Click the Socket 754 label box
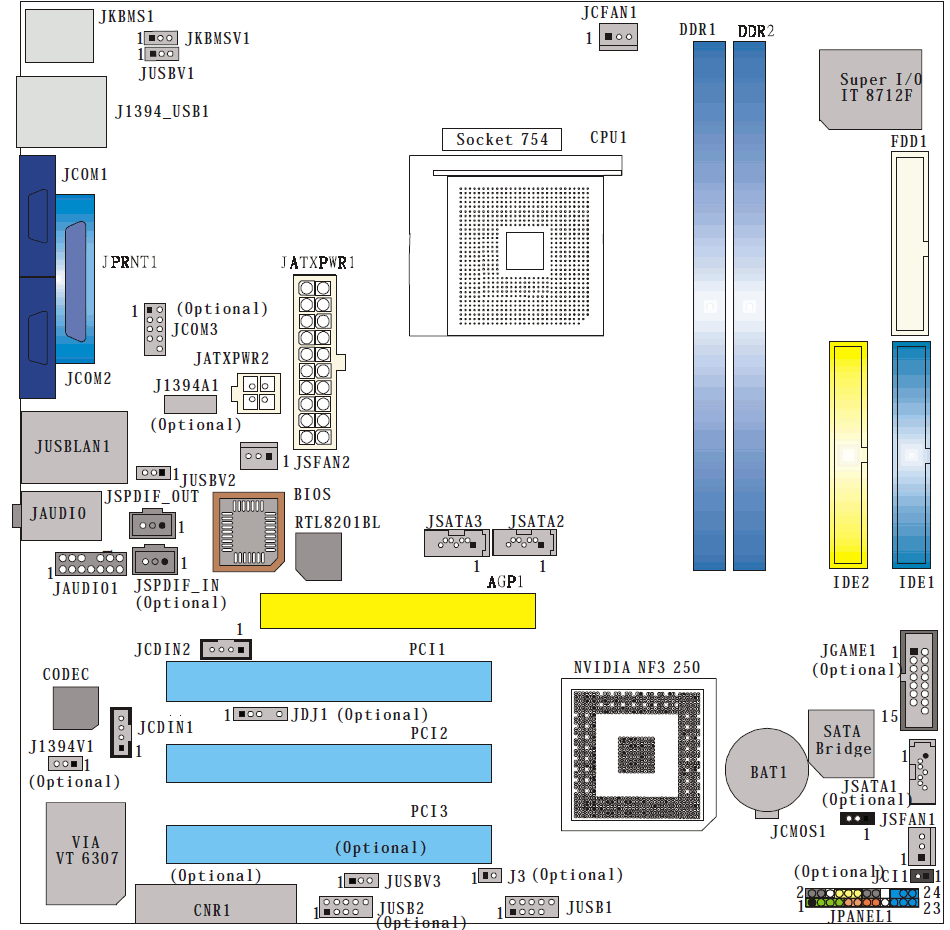502,139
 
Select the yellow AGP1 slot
397,611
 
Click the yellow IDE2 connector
848,455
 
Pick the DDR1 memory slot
709,306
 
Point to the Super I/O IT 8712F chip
871,89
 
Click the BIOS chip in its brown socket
248,532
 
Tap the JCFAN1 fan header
618,37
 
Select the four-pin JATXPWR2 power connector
257,393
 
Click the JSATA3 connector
456,542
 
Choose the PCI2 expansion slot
329,763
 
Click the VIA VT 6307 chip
86,853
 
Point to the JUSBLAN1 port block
74,447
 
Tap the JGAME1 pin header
918,680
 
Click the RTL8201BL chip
319,556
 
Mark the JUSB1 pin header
531,907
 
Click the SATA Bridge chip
842,743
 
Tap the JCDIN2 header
225,649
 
